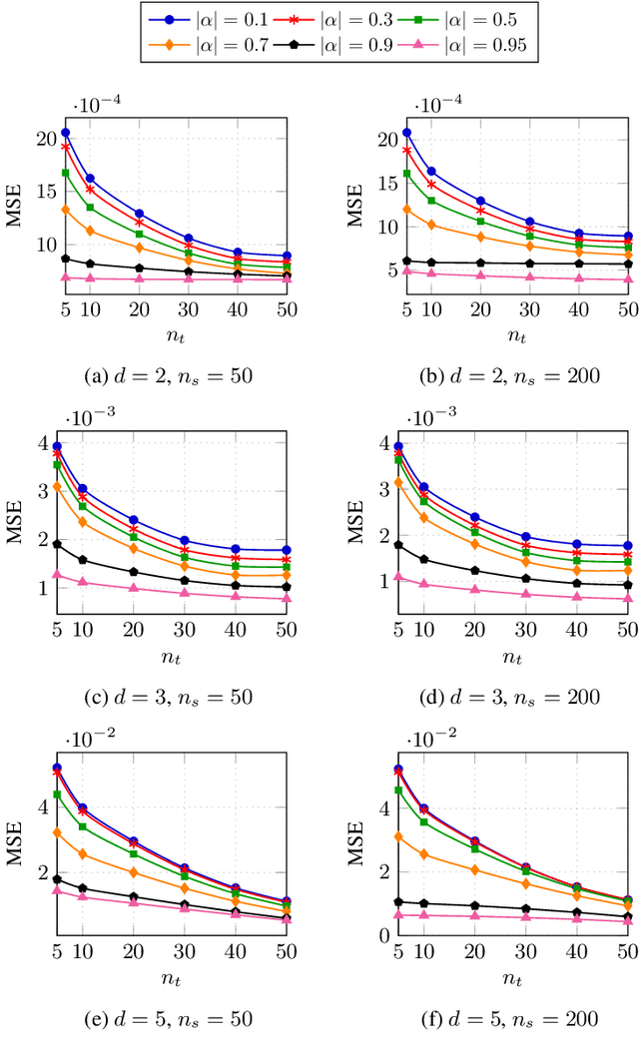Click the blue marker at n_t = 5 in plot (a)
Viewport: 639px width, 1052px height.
tap(66, 133)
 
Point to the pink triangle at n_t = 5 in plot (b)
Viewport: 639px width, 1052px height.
tap(406, 270)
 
